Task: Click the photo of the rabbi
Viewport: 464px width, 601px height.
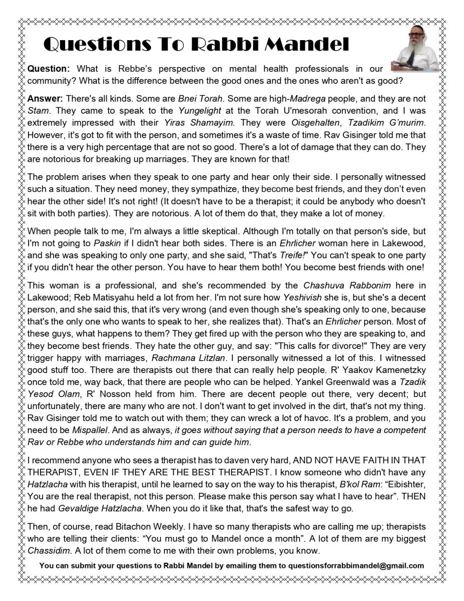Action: coord(417,53)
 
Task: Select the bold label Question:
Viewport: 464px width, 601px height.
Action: coord(49,69)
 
